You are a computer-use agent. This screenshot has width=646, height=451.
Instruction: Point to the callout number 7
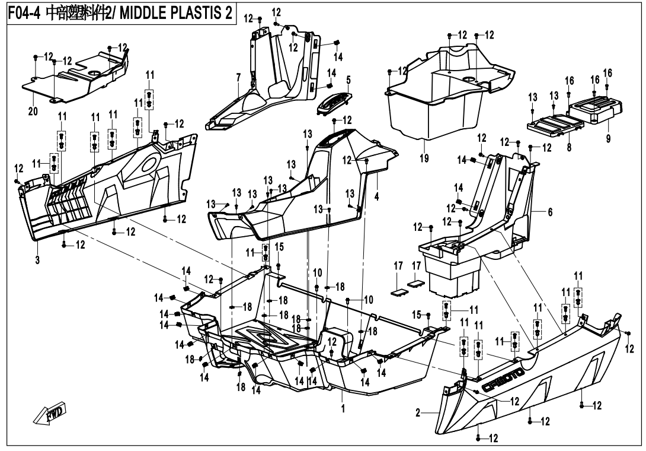pos(238,78)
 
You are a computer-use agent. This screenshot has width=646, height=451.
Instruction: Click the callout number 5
pos(348,79)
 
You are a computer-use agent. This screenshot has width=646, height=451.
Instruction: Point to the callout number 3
pos(37,259)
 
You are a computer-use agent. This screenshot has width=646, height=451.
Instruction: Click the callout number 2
pos(418,412)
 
